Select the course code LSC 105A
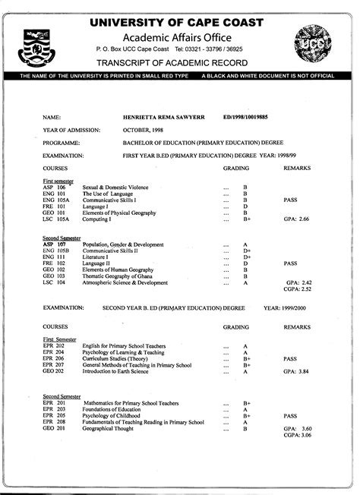56,218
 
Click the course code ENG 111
54,257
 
